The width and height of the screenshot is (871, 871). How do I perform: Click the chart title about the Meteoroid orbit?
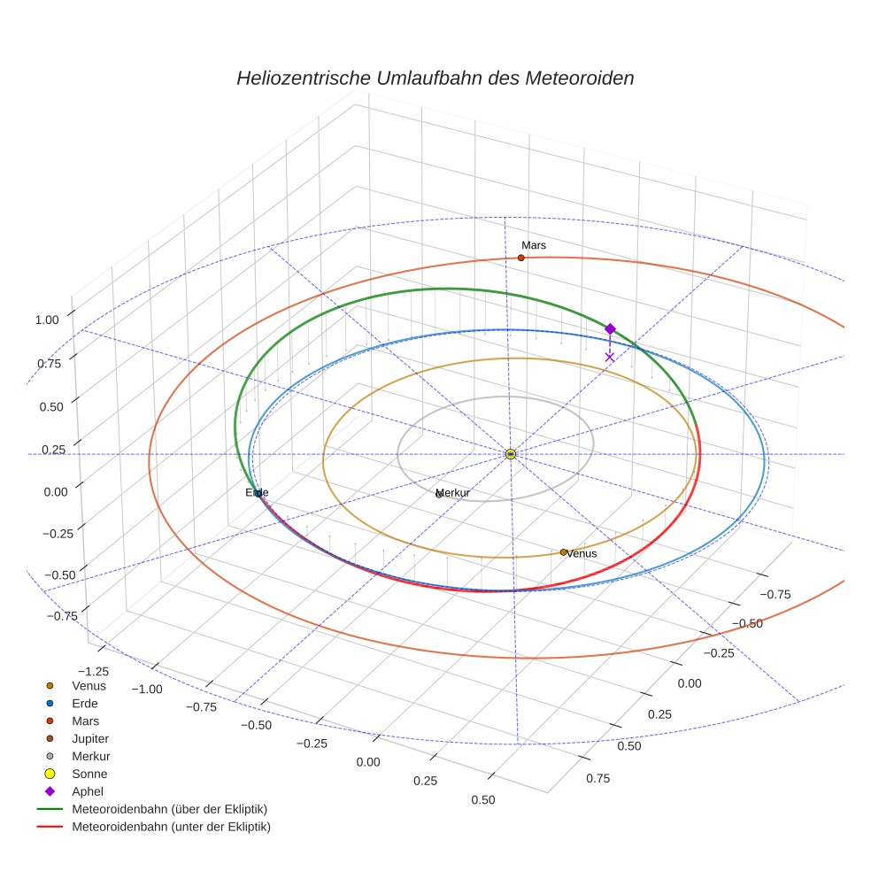(435, 78)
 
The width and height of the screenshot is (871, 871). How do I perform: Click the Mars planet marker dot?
(520, 258)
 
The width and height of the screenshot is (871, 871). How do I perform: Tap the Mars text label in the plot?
(534, 245)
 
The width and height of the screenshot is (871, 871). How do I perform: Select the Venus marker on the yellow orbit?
(563, 552)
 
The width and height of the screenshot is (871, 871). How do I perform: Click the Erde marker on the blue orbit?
(258, 493)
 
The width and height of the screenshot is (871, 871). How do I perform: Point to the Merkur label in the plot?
(454, 492)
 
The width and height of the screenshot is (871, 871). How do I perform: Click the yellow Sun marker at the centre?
(511, 454)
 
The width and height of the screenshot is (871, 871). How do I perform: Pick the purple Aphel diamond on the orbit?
(610, 329)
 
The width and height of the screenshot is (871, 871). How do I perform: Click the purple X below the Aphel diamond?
(609, 357)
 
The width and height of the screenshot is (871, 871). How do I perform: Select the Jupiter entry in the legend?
(91, 738)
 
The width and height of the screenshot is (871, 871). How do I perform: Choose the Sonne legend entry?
(89, 774)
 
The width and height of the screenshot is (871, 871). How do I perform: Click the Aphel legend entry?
(89, 791)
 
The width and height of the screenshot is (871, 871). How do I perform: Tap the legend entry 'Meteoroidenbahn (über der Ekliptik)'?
(169, 809)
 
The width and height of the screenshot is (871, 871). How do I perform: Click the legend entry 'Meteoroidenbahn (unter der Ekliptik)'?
(171, 827)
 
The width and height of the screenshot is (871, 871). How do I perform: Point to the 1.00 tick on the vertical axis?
(48, 320)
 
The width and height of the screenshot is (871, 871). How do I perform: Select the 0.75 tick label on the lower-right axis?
(597, 778)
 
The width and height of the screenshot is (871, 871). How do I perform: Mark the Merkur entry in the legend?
(90, 756)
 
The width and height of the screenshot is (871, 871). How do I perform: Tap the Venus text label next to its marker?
(582, 554)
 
